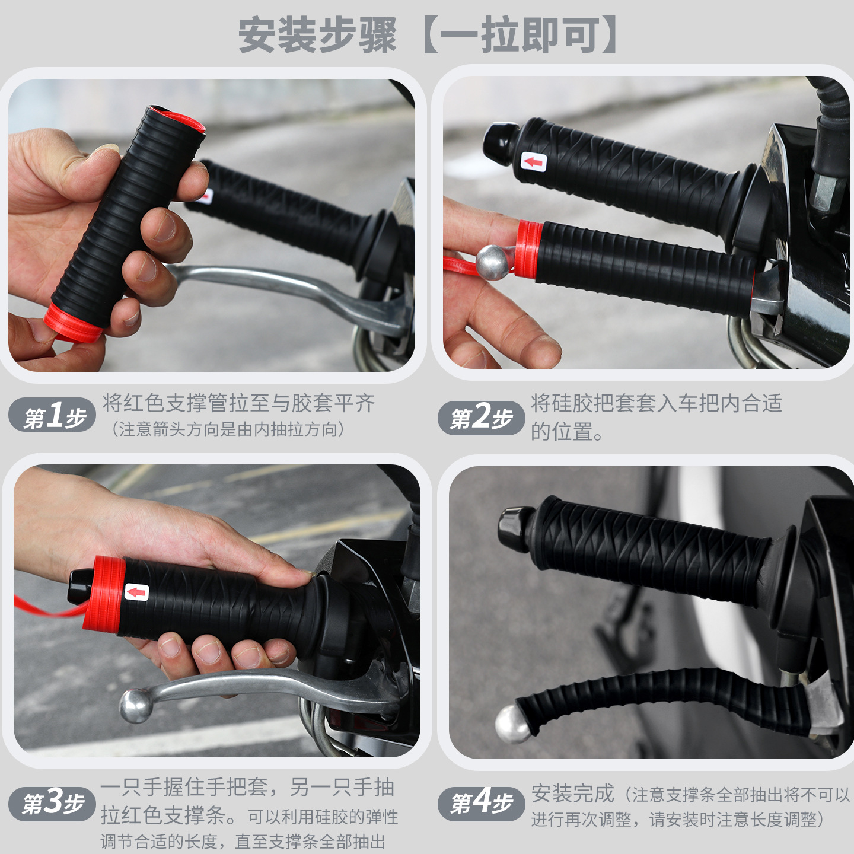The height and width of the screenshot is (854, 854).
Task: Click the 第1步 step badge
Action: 52,415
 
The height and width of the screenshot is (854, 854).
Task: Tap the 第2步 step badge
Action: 482,417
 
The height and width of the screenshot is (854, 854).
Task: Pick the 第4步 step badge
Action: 482,804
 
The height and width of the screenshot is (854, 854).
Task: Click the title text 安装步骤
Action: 317,36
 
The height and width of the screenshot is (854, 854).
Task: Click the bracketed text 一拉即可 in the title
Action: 518,36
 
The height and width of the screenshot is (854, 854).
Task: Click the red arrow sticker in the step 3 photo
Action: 136,592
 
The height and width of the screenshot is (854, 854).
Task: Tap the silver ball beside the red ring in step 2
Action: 493,262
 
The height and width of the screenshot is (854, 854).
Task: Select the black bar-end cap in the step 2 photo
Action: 501,143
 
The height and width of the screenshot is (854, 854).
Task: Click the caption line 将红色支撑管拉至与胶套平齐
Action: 239,403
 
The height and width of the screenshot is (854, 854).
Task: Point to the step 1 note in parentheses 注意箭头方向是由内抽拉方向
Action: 228,429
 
